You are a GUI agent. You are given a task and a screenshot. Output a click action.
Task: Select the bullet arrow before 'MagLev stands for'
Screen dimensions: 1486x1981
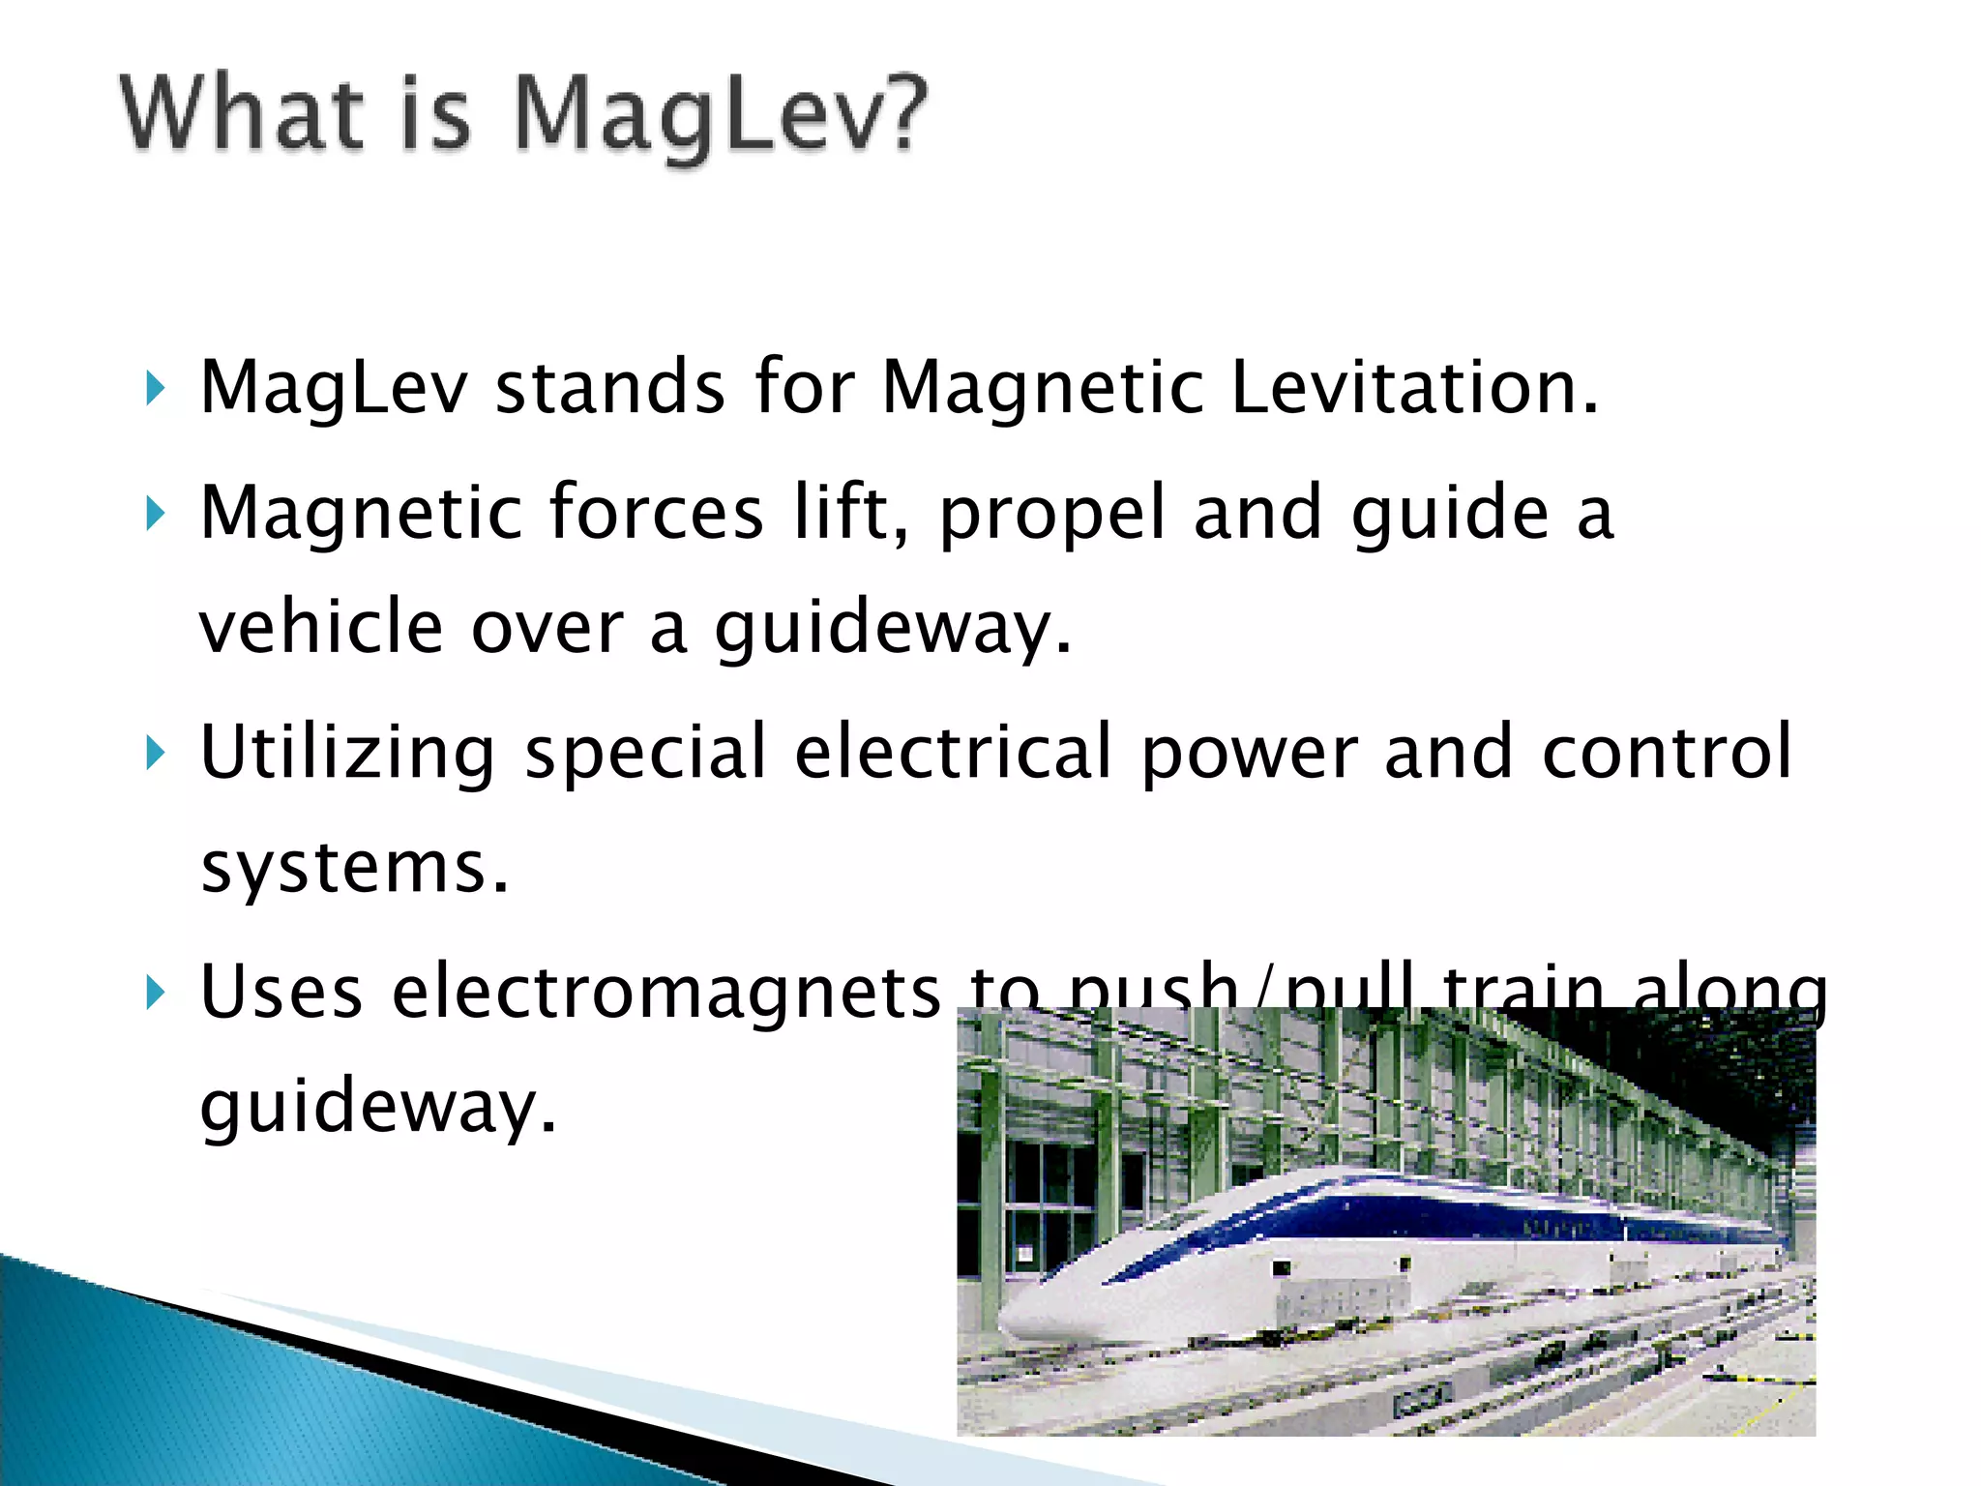coord(155,389)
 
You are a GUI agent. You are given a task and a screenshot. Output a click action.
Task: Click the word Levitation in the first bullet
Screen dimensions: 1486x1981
coord(1414,387)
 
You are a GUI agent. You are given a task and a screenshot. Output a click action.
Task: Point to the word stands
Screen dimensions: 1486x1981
coord(609,387)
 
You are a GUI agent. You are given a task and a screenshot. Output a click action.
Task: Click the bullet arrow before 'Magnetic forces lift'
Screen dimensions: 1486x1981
coord(155,514)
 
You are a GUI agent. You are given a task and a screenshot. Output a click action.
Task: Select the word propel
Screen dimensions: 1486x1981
coord(1052,514)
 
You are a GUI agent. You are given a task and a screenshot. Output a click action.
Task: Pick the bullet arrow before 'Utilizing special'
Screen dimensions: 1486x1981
coord(155,753)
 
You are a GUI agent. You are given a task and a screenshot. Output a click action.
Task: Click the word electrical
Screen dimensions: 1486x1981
coord(954,753)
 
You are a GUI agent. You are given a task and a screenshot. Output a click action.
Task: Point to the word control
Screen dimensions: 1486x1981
coord(1667,753)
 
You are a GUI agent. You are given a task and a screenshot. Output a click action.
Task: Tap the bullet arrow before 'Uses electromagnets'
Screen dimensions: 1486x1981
coord(155,993)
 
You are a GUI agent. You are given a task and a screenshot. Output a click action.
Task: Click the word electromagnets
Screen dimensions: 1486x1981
coord(666,993)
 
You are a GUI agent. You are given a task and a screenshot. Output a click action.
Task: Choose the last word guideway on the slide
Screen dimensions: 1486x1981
coord(377,1107)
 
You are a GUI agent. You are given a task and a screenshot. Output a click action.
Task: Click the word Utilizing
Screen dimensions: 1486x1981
coord(347,753)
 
